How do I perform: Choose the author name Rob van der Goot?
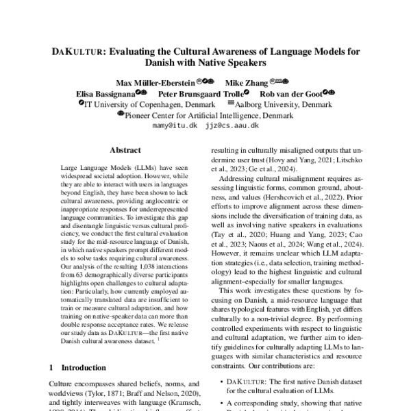pyautogui.click(x=292, y=93)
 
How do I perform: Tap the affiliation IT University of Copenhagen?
pyautogui.click(x=130, y=104)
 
